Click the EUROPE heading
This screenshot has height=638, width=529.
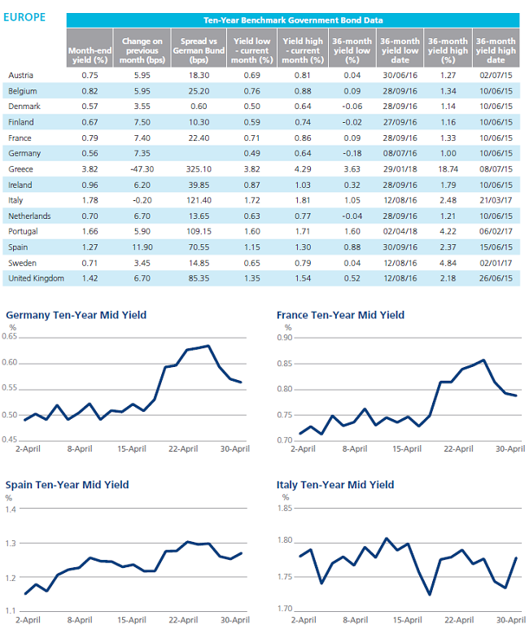[x=24, y=18]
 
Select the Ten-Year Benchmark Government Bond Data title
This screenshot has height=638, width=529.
[x=293, y=20]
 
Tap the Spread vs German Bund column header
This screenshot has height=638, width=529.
[x=199, y=50]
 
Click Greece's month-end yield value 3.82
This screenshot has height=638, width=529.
[x=90, y=169]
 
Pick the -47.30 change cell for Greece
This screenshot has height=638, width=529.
[x=142, y=169]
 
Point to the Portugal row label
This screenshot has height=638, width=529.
[x=23, y=231]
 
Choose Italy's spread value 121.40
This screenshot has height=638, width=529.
[x=199, y=200]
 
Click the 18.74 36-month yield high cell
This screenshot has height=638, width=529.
[x=448, y=169]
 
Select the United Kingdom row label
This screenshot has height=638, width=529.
[x=36, y=278]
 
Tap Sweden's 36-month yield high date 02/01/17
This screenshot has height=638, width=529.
[x=496, y=264]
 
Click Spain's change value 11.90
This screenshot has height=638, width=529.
[x=142, y=247]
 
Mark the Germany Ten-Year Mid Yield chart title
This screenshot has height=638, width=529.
[x=77, y=316]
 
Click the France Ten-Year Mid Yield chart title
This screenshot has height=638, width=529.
[x=340, y=316]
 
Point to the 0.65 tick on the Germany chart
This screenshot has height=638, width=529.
[x=10, y=337]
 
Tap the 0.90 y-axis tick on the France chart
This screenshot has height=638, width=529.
[x=285, y=338]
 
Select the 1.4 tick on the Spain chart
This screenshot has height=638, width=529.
[x=11, y=509]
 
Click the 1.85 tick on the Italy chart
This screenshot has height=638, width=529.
[x=285, y=509]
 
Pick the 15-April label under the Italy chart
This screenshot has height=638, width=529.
[x=407, y=620]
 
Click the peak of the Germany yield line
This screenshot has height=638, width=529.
[x=208, y=346]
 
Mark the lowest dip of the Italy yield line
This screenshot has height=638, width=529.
[x=430, y=594]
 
